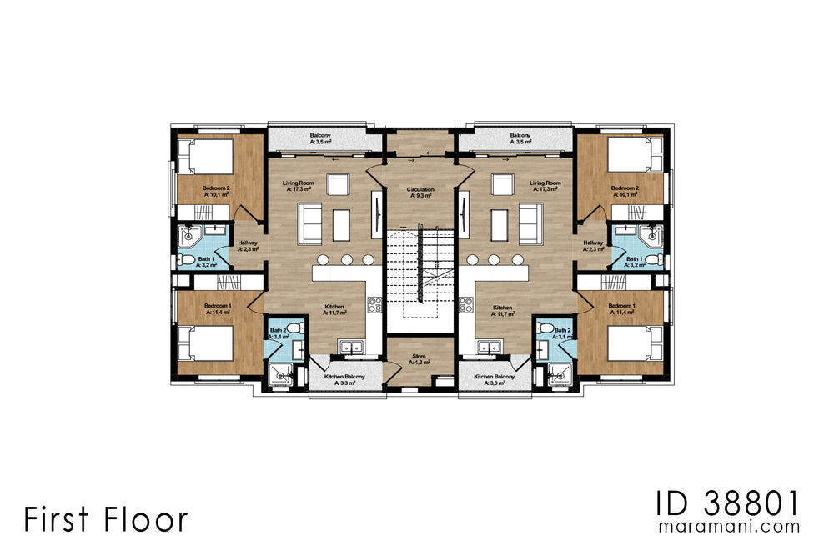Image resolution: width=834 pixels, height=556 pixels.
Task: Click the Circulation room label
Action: click(x=420, y=193)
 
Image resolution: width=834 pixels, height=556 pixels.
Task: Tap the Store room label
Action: click(x=420, y=359)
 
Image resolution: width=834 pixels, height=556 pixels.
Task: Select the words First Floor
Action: click(x=105, y=518)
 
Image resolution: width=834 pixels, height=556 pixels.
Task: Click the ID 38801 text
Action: click(x=727, y=503)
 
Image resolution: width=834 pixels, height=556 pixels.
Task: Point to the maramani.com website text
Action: click(x=729, y=527)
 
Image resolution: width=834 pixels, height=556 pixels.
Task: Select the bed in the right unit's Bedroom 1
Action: click(x=632, y=343)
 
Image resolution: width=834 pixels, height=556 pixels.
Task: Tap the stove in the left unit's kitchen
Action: click(x=374, y=305)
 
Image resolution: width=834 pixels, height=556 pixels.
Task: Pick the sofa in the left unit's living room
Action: click(x=309, y=223)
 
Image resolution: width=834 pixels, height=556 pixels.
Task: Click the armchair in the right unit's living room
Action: click(x=502, y=184)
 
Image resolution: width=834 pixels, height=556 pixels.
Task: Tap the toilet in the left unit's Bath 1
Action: click(x=188, y=260)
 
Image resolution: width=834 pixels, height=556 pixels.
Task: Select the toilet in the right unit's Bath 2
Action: click(x=546, y=329)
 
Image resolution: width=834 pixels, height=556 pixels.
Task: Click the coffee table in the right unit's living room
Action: click(x=499, y=224)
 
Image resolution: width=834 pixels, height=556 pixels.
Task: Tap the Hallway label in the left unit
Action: click(x=248, y=246)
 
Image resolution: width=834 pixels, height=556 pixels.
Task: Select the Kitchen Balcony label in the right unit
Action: click(x=495, y=379)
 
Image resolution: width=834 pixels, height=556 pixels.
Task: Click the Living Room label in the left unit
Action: click(x=298, y=186)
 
